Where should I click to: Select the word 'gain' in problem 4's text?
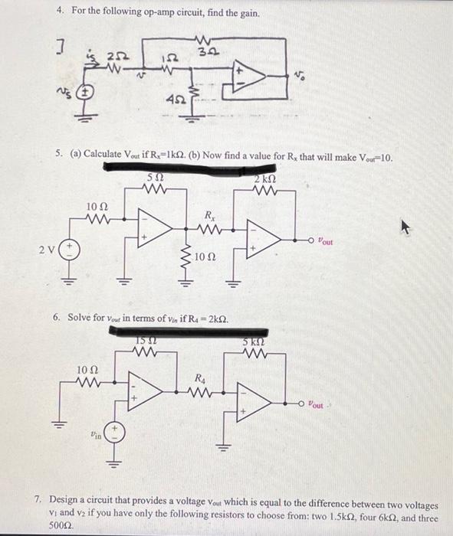pyautogui.click(x=247, y=14)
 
